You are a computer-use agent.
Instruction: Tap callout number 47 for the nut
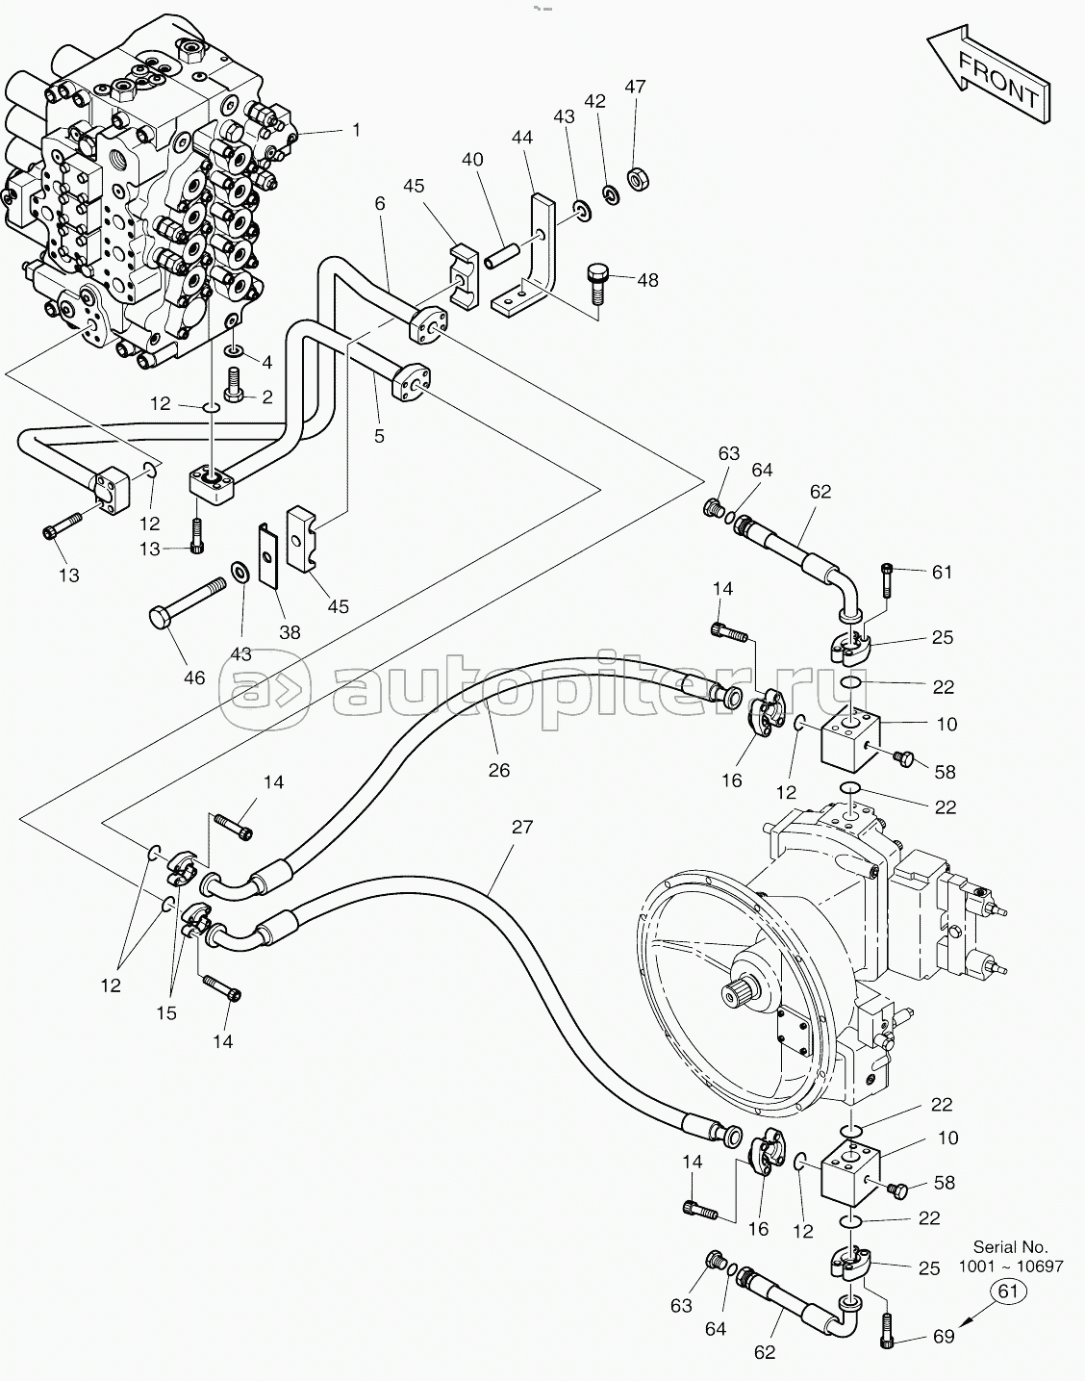click(x=635, y=87)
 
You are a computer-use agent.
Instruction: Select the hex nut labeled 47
click(x=638, y=178)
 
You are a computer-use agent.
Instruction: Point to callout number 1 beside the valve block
click(x=356, y=130)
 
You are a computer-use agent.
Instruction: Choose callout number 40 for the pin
click(x=472, y=159)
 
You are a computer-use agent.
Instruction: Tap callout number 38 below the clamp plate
click(x=290, y=631)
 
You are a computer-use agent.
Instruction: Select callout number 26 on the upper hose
click(x=498, y=770)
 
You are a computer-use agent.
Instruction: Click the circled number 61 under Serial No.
click(x=1008, y=1291)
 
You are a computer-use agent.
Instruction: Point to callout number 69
click(x=944, y=1337)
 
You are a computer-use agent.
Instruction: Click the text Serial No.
click(x=1011, y=1247)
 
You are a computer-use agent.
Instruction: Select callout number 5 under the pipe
click(x=379, y=435)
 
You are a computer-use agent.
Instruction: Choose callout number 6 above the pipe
click(x=380, y=203)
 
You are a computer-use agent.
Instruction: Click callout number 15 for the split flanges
click(x=166, y=1013)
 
